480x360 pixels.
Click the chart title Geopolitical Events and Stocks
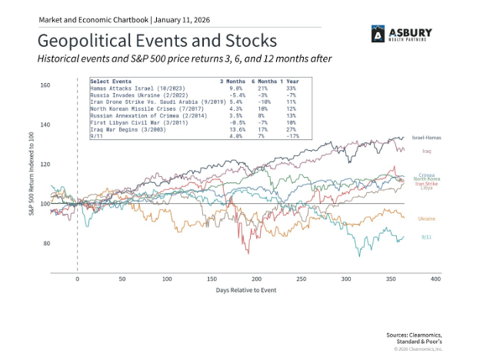click(x=157, y=40)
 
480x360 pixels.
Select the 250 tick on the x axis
click(x=301, y=279)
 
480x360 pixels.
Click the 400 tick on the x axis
click(x=435, y=279)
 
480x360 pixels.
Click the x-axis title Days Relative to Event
click(x=246, y=290)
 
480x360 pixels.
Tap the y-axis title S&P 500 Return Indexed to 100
click(x=30, y=177)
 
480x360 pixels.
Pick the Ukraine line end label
click(x=425, y=218)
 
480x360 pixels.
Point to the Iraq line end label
click(x=426, y=151)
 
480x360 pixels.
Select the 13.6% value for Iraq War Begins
click(x=227, y=131)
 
